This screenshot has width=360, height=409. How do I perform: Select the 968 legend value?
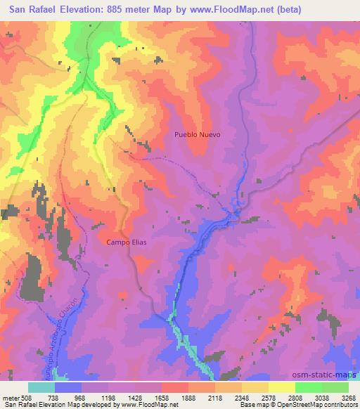95,397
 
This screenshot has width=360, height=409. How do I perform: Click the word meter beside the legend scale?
11,397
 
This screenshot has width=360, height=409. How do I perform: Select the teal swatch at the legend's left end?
41,387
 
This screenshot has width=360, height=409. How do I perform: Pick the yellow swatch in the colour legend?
282,387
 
